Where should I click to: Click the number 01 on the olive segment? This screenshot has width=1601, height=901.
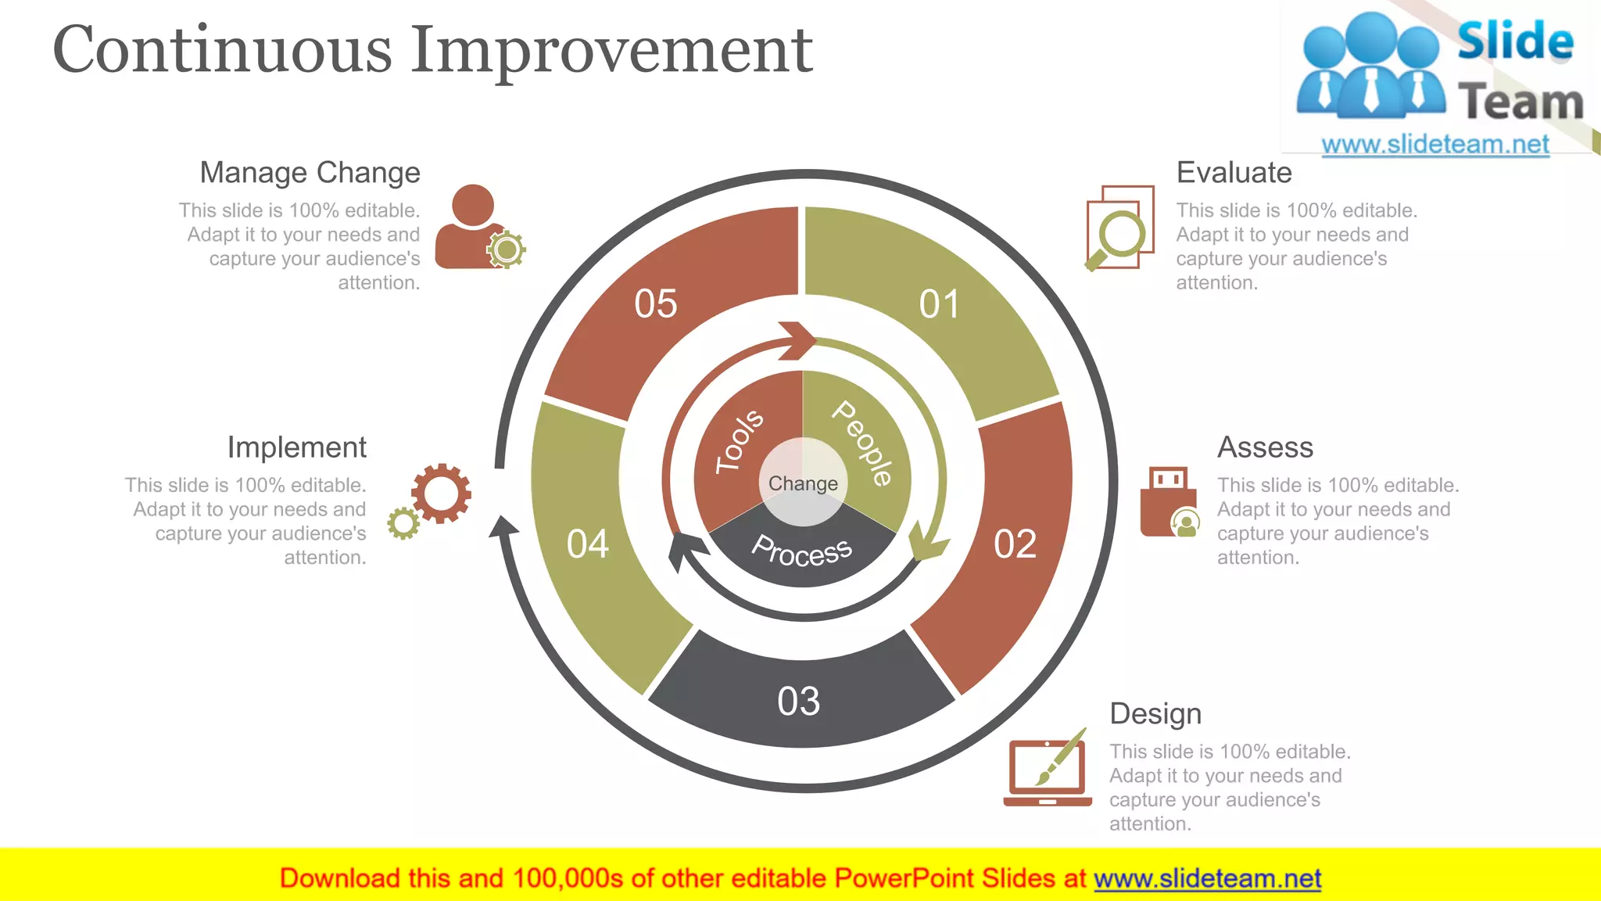[939, 304]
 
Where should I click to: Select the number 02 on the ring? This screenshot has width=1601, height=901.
[1015, 544]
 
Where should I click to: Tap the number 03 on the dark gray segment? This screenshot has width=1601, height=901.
[798, 702]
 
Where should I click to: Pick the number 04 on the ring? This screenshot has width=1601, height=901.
[588, 544]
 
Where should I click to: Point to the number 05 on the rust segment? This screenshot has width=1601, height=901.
[655, 304]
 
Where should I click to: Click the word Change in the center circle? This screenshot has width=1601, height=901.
[803, 483]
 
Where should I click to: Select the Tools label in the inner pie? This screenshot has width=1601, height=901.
[739, 441]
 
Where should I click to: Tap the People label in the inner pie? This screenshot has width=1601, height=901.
[862, 443]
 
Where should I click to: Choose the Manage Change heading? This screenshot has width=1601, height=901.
[310, 173]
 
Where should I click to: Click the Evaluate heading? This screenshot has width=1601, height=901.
[1234, 173]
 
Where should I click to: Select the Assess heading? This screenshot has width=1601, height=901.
[1265, 447]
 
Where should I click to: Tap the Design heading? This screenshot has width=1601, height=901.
[1155, 714]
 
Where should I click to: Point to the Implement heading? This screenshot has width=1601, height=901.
[296, 447]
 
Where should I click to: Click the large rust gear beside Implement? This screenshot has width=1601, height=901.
[442, 493]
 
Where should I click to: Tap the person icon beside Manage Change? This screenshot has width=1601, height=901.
[471, 228]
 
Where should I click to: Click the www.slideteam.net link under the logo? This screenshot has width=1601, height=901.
[1434, 145]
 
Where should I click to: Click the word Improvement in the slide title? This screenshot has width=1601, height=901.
[612, 50]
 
